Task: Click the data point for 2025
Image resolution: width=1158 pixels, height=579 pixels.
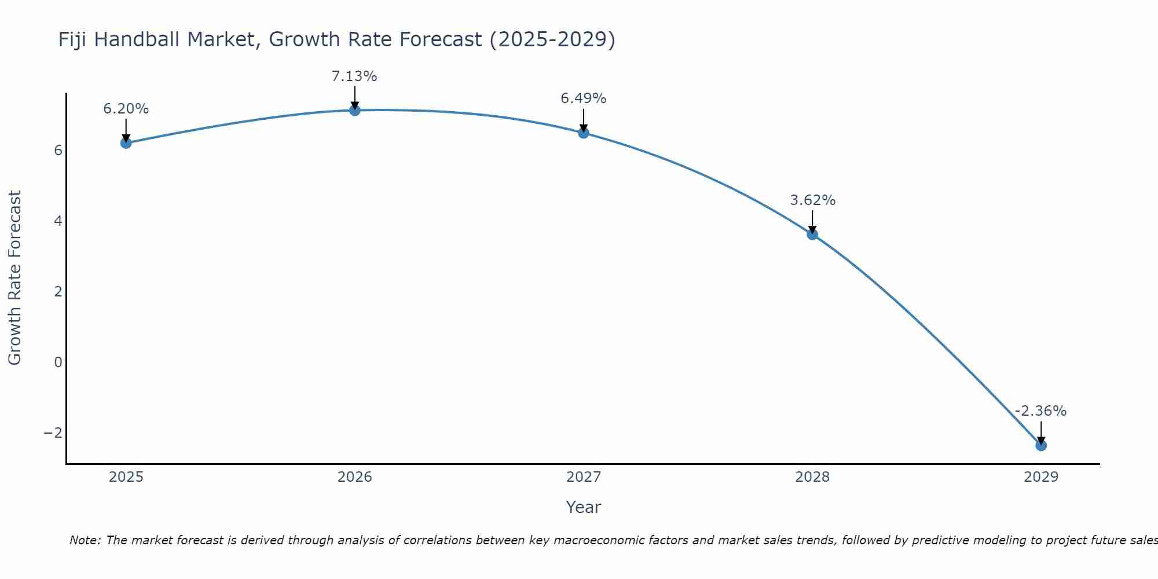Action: (126, 143)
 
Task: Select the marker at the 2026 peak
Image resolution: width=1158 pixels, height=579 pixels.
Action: (355, 110)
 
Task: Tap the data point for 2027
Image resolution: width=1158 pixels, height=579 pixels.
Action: (584, 133)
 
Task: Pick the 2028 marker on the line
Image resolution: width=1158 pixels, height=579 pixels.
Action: (812, 234)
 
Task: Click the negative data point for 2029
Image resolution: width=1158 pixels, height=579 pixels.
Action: (1041, 445)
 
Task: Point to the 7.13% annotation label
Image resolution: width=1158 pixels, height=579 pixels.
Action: (354, 76)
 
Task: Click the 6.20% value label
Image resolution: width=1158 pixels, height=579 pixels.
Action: (126, 109)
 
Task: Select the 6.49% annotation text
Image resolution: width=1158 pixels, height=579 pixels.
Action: (583, 98)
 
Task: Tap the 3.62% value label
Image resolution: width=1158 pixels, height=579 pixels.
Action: (812, 200)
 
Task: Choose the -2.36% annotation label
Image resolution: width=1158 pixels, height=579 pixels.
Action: (1040, 411)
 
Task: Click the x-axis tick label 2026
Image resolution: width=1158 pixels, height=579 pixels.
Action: (355, 477)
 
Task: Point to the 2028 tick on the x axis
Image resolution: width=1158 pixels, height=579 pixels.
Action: (812, 477)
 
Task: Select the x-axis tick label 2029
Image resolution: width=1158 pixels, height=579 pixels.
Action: (1041, 477)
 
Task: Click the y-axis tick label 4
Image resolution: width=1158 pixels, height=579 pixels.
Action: (58, 221)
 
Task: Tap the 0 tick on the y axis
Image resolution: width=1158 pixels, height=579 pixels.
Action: (58, 362)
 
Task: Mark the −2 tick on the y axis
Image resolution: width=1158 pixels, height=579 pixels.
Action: (53, 433)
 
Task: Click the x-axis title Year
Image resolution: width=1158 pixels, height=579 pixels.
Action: (584, 507)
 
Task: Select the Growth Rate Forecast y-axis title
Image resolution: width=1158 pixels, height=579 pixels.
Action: (14, 278)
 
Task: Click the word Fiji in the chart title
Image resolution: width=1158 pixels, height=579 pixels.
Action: (73, 40)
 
